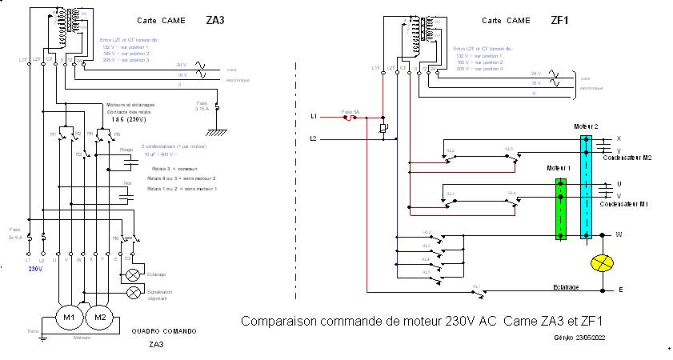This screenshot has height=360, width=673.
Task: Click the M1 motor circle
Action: point(69,317)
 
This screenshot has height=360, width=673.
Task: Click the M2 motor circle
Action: point(100,317)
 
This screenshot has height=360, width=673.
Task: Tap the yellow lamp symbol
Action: point(600,264)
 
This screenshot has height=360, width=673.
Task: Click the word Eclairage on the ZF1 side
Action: point(565,286)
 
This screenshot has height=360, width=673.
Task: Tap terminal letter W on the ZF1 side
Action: point(618,234)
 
